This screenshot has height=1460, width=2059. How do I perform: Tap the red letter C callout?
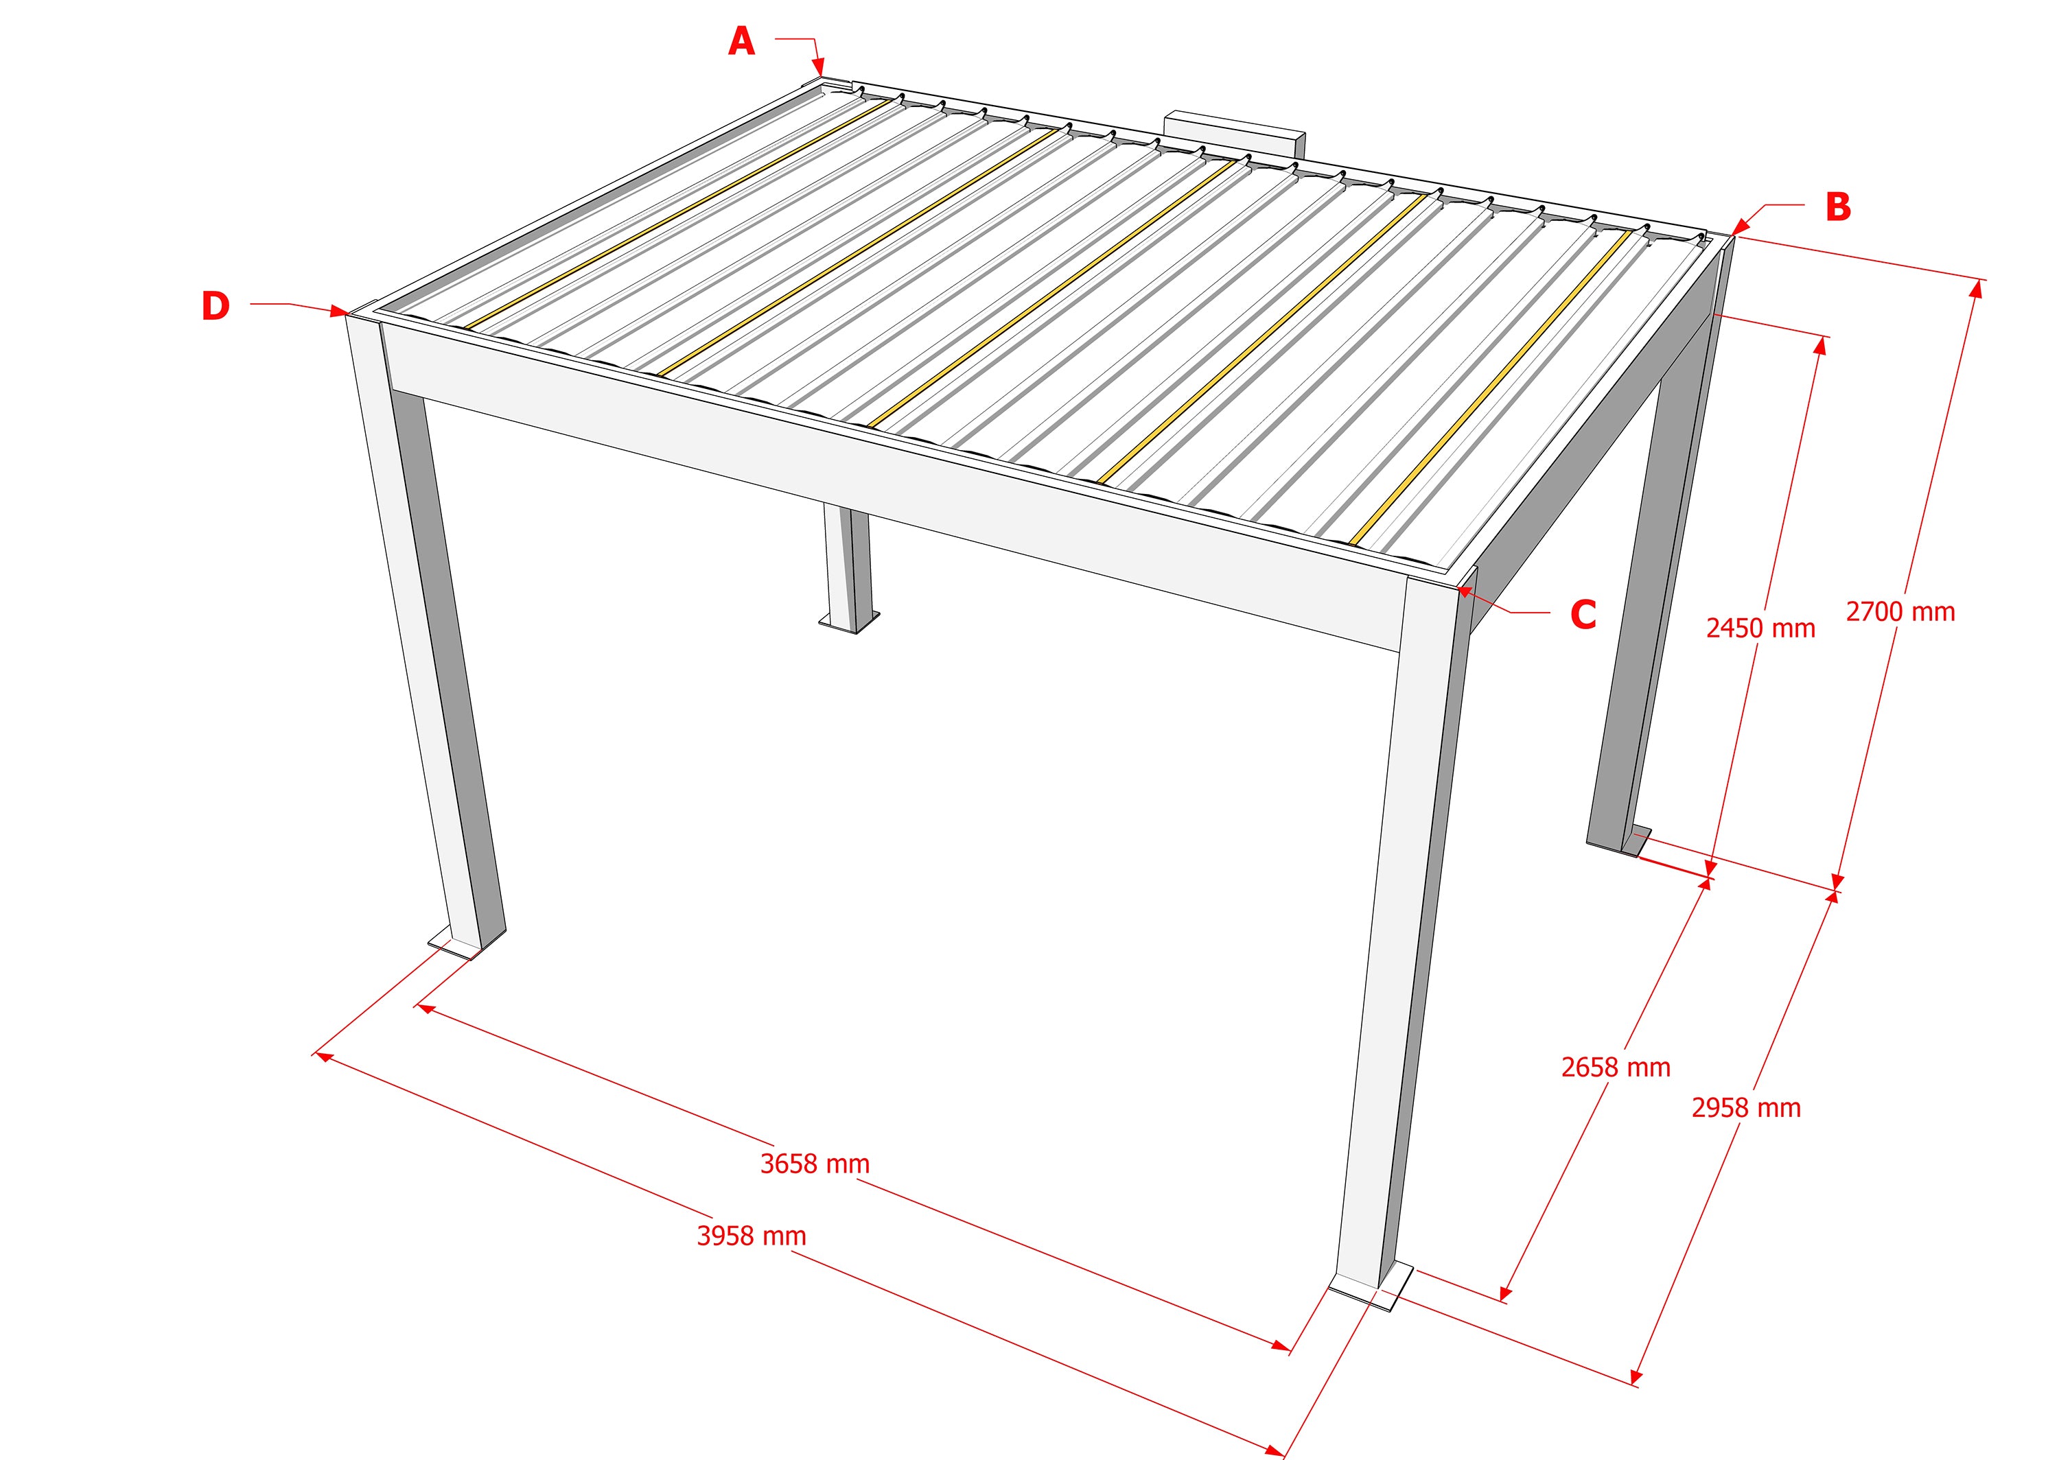(1583, 614)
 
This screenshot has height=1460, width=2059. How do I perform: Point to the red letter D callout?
(215, 307)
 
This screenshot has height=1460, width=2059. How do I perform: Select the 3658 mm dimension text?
(815, 1164)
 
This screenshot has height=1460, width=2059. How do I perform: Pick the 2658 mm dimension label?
(1616, 1067)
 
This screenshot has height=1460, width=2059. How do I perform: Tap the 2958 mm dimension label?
(1745, 1107)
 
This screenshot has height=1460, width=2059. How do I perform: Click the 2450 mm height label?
(1760, 628)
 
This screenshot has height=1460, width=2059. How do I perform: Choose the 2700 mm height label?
(1900, 612)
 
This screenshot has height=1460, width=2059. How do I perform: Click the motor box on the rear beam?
(1233, 135)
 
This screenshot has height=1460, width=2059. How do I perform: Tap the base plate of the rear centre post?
(849, 622)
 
